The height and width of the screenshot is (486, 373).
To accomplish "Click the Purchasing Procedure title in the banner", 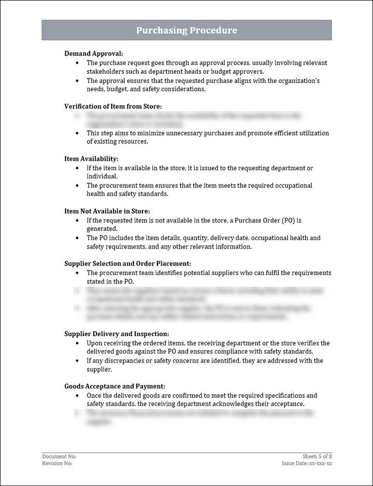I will tap(187, 31).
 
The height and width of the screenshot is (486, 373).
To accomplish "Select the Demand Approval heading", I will tap(93, 53).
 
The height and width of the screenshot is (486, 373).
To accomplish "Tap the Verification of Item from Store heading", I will tap(117, 106).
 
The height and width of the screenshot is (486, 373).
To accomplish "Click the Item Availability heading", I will tap(91, 159).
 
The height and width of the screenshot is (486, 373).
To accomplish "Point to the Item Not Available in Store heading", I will tap(107, 211).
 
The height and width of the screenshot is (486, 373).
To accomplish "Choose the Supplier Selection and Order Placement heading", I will tap(127, 263).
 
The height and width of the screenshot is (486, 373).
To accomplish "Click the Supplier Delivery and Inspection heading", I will tap(117, 334).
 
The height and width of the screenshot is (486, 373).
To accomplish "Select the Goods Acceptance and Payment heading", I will tap(114, 386).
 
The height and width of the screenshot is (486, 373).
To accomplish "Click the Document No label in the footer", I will tap(59, 456).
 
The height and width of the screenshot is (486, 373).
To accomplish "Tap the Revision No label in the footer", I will tap(57, 463).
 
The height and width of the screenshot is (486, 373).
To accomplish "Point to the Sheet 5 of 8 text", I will tap(317, 456).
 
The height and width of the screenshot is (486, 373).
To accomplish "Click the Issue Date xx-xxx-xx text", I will tap(307, 463).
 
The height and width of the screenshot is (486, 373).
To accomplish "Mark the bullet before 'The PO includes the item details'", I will tap(77, 238).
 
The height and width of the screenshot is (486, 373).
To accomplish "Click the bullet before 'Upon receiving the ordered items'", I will tap(77, 343).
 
